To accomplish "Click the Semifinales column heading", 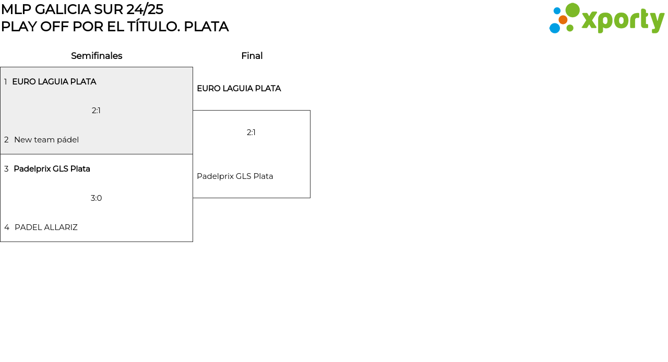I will [x=97, y=56].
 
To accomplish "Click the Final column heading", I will [x=252, y=56].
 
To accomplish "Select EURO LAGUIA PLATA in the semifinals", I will [x=54, y=82].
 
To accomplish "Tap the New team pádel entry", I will [x=46, y=140].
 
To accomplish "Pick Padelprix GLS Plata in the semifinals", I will [x=52, y=169].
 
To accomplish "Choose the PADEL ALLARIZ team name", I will [x=46, y=227].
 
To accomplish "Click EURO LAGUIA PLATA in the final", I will [x=238, y=89].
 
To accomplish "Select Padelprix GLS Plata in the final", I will [x=235, y=176].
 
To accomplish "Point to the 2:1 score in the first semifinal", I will [x=96, y=111].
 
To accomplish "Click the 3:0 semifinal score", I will [x=96, y=198].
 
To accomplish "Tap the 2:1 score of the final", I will [x=251, y=132].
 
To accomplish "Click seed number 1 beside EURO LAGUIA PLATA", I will [x=6, y=82].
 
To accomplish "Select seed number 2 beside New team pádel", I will [x=6, y=140].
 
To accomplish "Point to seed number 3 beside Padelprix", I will [x=6, y=169].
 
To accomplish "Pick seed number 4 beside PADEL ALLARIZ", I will [x=7, y=227].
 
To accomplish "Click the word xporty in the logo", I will [x=623, y=21].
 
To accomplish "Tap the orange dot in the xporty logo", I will [x=563, y=20].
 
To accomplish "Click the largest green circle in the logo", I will [x=572, y=10].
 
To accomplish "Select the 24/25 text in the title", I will [x=145, y=9].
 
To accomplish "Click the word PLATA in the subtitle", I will [x=206, y=27].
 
